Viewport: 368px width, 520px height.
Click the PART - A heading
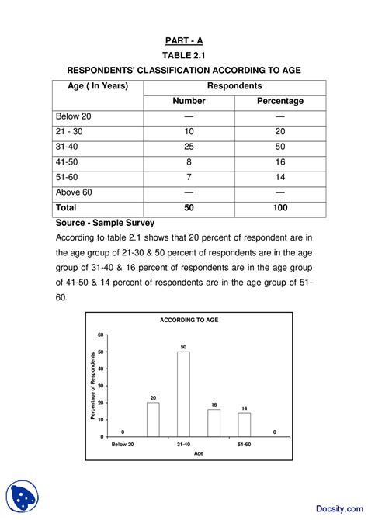pyautogui.click(x=184, y=40)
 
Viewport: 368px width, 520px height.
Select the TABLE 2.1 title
pyautogui.click(x=184, y=56)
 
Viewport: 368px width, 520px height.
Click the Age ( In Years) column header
pyautogui.click(x=92, y=85)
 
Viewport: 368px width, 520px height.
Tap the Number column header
pyautogui.click(x=189, y=101)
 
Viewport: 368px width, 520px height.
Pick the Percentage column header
pyautogui.click(x=279, y=101)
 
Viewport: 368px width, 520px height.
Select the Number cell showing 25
pyautogui.click(x=189, y=147)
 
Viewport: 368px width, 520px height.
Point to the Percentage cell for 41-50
pyautogui.click(x=279, y=162)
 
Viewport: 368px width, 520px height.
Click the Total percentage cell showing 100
pyautogui.click(x=279, y=208)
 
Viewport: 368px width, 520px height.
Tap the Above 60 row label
pyautogui.click(x=75, y=192)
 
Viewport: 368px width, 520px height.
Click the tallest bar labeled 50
pyautogui.click(x=183, y=393)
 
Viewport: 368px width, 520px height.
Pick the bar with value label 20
pyautogui.click(x=153, y=419)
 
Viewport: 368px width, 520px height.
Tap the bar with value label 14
pyautogui.click(x=244, y=424)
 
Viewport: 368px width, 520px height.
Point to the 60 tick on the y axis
pyautogui.click(x=100, y=335)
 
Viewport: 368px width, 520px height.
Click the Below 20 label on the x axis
pyautogui.click(x=123, y=445)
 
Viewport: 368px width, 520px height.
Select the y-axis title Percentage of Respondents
pyautogui.click(x=92, y=386)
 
